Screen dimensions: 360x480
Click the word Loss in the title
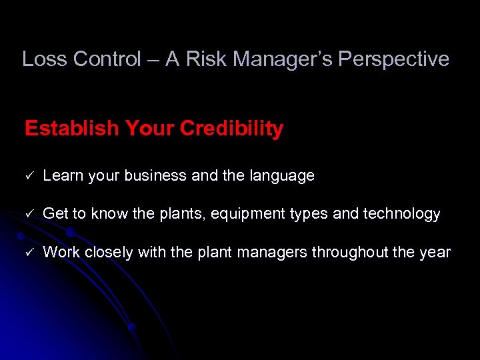coord(45,59)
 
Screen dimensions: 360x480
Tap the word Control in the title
coord(107,59)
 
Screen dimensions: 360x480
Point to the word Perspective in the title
coord(393,59)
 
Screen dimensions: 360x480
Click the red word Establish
coord(71,128)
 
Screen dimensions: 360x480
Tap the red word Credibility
coord(229,128)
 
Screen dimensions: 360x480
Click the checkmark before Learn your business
coord(29,176)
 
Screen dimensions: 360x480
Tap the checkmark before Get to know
coord(29,214)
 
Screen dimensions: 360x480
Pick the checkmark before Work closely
coord(29,253)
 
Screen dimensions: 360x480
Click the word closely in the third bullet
coord(108,253)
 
